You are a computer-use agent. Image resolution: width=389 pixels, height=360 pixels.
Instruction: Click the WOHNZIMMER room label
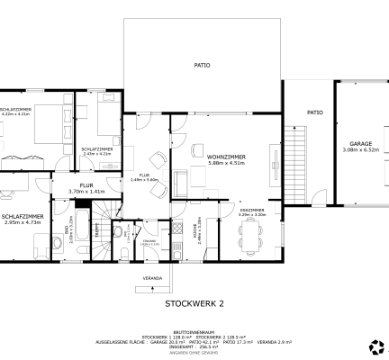(226, 157)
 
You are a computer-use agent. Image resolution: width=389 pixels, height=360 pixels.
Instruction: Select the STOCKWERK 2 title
(194, 304)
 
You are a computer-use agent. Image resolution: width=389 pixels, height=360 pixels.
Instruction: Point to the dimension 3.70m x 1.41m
(86, 191)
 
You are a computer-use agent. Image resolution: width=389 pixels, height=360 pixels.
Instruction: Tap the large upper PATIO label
(203, 65)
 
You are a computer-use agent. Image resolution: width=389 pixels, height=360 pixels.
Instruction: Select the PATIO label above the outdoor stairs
(314, 112)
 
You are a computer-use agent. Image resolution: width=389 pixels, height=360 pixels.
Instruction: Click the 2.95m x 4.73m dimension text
(23, 223)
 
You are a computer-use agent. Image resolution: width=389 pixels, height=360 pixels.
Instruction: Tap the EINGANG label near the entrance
(150, 241)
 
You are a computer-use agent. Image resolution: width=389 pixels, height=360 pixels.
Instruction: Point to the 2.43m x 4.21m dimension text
(96, 154)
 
